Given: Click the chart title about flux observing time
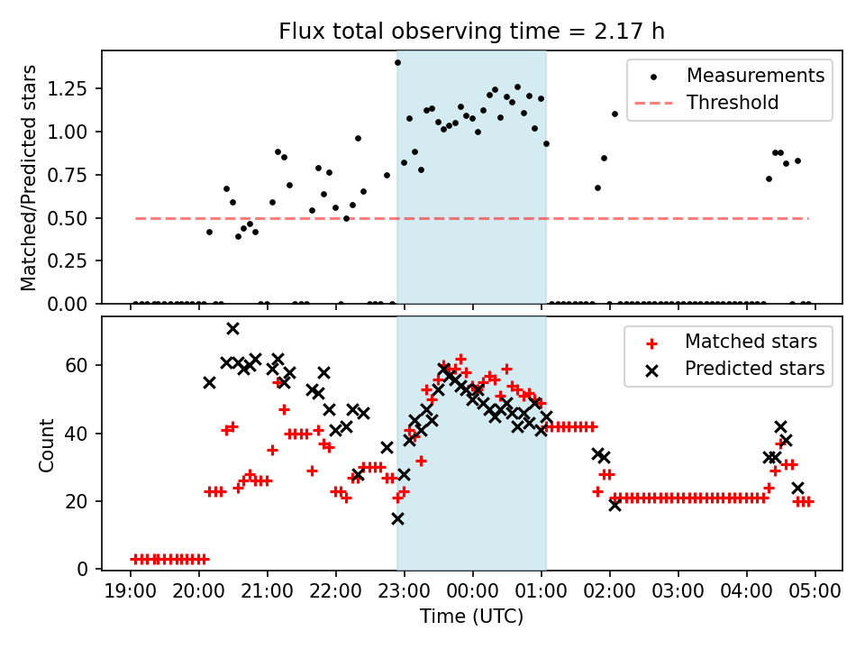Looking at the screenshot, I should point(472,32).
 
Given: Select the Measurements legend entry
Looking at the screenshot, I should point(755,76).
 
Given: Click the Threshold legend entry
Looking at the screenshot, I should point(733,102).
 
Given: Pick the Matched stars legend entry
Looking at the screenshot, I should point(751,342).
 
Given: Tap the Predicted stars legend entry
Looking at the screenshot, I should point(754,368).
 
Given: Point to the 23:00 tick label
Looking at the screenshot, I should point(405,592).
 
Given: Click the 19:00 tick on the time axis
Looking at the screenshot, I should point(131,592).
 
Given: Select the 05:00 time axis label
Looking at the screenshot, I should point(815,592).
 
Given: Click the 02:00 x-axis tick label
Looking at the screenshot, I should point(610,592).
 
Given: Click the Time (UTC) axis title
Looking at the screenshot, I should point(472,617).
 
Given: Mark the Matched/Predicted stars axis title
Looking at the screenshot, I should point(29,178).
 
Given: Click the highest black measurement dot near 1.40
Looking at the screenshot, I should point(397,62).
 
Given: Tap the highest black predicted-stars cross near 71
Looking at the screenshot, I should point(232,328).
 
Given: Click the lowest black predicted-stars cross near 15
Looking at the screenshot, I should point(397,518).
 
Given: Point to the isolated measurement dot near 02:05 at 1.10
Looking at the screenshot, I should point(615,114).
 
